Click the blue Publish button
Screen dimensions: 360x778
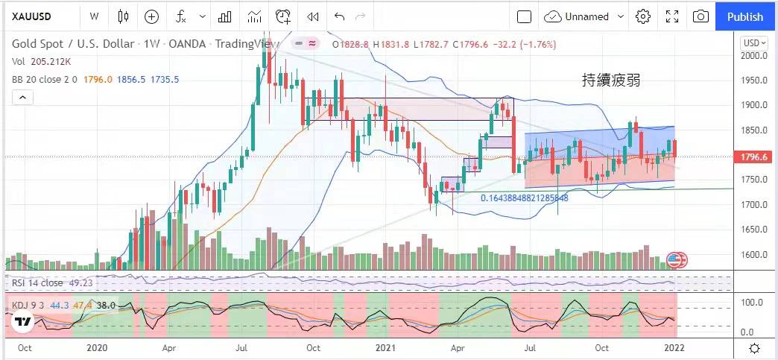tap(745, 16)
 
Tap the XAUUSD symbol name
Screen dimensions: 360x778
tap(31, 16)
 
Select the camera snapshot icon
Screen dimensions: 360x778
tap(700, 16)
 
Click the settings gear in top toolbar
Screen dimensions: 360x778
tap(643, 16)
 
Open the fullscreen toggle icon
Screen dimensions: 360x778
tap(672, 16)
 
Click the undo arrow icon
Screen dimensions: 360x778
tap(340, 16)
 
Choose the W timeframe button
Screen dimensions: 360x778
tap(93, 16)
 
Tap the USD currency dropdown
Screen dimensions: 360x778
tap(753, 43)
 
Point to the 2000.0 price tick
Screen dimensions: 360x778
tap(754, 56)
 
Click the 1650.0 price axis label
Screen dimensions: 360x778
tap(754, 230)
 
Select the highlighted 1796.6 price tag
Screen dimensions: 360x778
tap(754, 157)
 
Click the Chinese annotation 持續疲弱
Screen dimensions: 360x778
tap(611, 80)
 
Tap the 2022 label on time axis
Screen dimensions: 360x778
tap(675, 347)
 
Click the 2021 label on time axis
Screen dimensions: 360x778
tap(385, 347)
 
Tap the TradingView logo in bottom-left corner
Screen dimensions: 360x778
tap(22, 322)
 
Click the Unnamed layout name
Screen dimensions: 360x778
tap(586, 16)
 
